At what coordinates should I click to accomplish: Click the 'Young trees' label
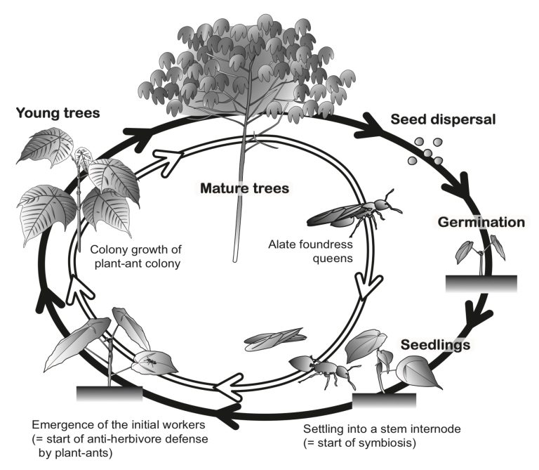click(x=58, y=112)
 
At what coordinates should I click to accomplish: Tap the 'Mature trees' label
click(x=244, y=188)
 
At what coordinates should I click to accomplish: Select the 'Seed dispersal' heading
click(x=443, y=119)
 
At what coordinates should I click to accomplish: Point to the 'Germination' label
click(x=481, y=223)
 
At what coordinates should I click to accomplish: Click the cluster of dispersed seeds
click(x=425, y=151)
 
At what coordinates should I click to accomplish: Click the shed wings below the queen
click(x=274, y=339)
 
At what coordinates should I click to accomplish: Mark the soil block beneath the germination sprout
click(x=481, y=283)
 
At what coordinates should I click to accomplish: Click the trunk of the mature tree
click(x=236, y=225)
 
